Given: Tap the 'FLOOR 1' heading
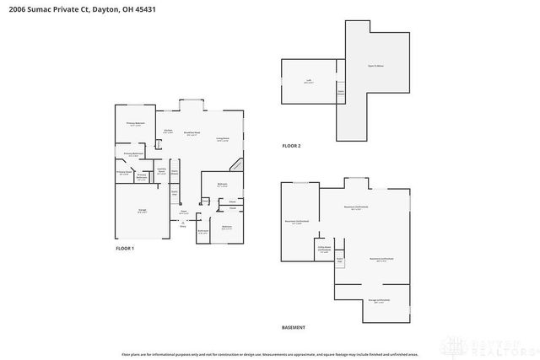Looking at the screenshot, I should pyautogui.click(x=125, y=248).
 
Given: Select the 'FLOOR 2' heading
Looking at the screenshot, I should pyautogui.click(x=291, y=146).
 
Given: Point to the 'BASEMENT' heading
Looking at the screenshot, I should pyautogui.click(x=294, y=327).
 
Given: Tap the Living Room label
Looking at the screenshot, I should pyautogui.click(x=223, y=139).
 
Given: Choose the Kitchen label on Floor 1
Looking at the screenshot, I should pyautogui.click(x=168, y=132).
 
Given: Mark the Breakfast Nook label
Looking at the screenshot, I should pyautogui.click(x=193, y=133).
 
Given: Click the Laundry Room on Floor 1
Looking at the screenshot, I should pyautogui.click(x=161, y=173).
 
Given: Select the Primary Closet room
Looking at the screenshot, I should pyautogui.click(x=123, y=174).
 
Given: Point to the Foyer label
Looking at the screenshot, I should pyautogui.click(x=183, y=212).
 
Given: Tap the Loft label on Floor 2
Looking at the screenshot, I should pyautogui.click(x=309, y=82).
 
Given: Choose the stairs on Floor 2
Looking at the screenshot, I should pyautogui.click(x=341, y=91).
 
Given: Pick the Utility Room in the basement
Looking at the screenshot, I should pyautogui.click(x=324, y=250).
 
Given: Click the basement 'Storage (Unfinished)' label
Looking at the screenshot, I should pyautogui.click(x=378, y=300).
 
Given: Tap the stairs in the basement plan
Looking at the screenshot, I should pyautogui.click(x=339, y=260).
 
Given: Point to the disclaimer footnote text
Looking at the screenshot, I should pyautogui.click(x=269, y=353).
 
